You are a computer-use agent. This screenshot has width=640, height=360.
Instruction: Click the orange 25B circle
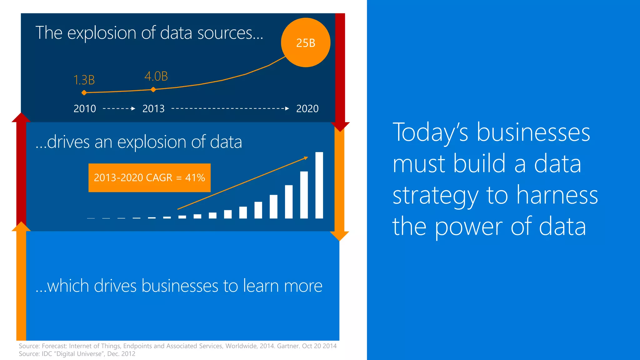click(x=306, y=42)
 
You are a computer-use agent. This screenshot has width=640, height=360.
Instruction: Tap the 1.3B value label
click(x=84, y=80)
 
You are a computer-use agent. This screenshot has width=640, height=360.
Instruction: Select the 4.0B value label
click(x=156, y=76)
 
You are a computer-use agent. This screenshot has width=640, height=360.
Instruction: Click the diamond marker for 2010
click(x=84, y=92)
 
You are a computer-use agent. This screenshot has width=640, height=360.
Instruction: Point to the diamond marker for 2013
click(x=153, y=90)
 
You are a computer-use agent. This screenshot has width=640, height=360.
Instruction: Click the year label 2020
click(x=307, y=109)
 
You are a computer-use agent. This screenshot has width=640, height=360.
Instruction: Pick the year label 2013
click(x=153, y=109)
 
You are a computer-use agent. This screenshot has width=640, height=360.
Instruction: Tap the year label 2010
click(x=85, y=109)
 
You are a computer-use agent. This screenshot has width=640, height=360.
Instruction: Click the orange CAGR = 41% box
click(x=149, y=177)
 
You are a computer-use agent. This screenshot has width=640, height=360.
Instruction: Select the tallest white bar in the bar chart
click(x=319, y=185)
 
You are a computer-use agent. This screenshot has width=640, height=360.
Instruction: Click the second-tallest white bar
click(x=304, y=195)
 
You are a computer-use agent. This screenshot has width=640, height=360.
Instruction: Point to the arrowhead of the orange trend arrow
click(x=306, y=158)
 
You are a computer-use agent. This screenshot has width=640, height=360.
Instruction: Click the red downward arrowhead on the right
click(x=340, y=127)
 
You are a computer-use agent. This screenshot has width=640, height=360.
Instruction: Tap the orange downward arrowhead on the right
click(x=339, y=236)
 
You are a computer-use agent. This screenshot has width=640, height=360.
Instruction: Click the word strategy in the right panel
click(x=435, y=195)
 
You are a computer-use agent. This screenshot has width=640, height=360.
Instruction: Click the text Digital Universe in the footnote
click(x=79, y=354)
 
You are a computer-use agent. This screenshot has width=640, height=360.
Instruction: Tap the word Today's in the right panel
click(x=430, y=132)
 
